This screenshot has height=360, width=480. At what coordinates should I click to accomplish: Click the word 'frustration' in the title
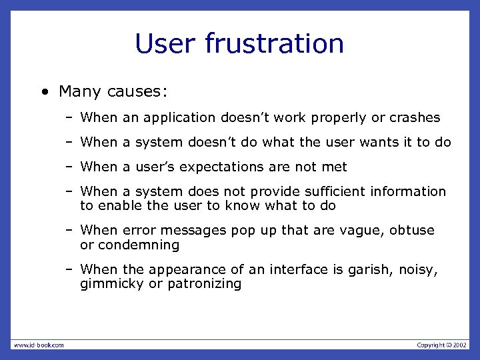275,44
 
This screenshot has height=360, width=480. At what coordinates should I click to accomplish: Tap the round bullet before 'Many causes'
43,91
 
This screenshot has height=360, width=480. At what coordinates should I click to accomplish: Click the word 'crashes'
415,118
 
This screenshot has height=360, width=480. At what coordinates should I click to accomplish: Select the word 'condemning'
139,245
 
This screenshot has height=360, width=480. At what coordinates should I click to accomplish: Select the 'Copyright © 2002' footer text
442,345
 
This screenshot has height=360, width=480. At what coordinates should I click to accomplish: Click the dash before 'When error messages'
69,231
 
